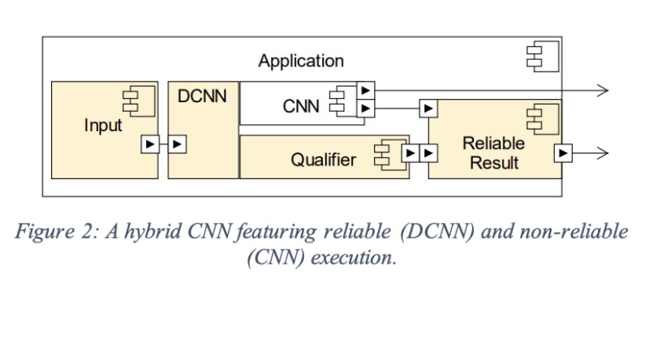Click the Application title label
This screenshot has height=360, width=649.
(x=301, y=61)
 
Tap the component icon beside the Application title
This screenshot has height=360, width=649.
(x=536, y=57)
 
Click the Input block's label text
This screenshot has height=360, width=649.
(x=103, y=126)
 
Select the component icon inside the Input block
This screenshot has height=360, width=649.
(x=131, y=101)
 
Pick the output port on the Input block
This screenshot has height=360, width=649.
(x=149, y=144)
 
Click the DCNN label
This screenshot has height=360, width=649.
(x=202, y=96)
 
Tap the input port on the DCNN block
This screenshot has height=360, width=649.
(x=178, y=144)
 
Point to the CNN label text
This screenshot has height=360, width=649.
(x=301, y=105)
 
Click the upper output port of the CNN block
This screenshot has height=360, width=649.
(x=367, y=90)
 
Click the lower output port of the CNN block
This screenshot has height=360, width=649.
(x=367, y=107)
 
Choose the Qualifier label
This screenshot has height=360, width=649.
(x=323, y=160)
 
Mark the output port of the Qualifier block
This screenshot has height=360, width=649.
(x=410, y=152)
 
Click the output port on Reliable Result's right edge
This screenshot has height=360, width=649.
(x=561, y=152)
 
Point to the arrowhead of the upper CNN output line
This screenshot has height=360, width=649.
(x=602, y=90)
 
